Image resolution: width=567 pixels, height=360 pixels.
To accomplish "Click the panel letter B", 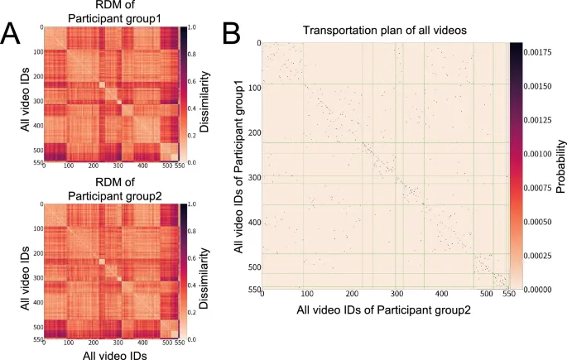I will coord(233,33).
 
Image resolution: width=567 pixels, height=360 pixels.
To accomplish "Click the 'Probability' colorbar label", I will coord(560,166).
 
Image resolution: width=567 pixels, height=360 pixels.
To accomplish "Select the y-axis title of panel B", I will coord(239,166).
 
